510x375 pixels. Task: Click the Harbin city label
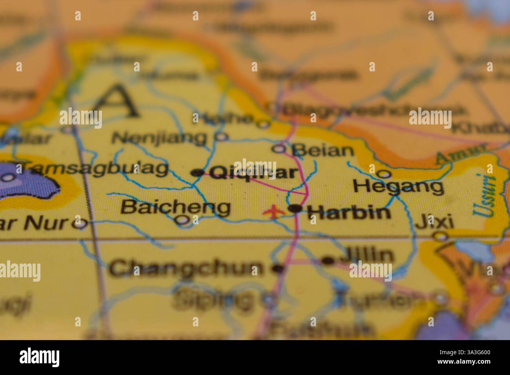click(x=349, y=213)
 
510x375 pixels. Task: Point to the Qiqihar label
click(x=253, y=173)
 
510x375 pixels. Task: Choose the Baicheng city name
click(x=175, y=207)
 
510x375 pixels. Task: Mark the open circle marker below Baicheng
click(x=182, y=220)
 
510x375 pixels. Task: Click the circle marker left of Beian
click(x=279, y=149)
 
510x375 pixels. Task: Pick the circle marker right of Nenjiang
click(x=221, y=137)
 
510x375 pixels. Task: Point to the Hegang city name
click(x=399, y=186)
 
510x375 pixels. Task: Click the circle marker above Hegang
click(x=384, y=173)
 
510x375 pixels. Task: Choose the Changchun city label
click(x=186, y=269)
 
